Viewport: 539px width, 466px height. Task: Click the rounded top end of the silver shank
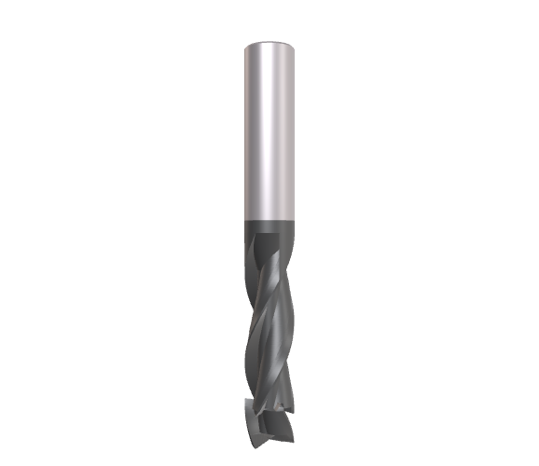[x=270, y=43]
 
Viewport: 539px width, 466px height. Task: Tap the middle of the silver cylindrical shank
[x=270, y=130]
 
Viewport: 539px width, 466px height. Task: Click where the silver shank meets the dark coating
[x=270, y=220]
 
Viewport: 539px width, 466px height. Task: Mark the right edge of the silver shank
[x=297, y=130]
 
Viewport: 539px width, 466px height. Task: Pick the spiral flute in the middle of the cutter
[x=269, y=317]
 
